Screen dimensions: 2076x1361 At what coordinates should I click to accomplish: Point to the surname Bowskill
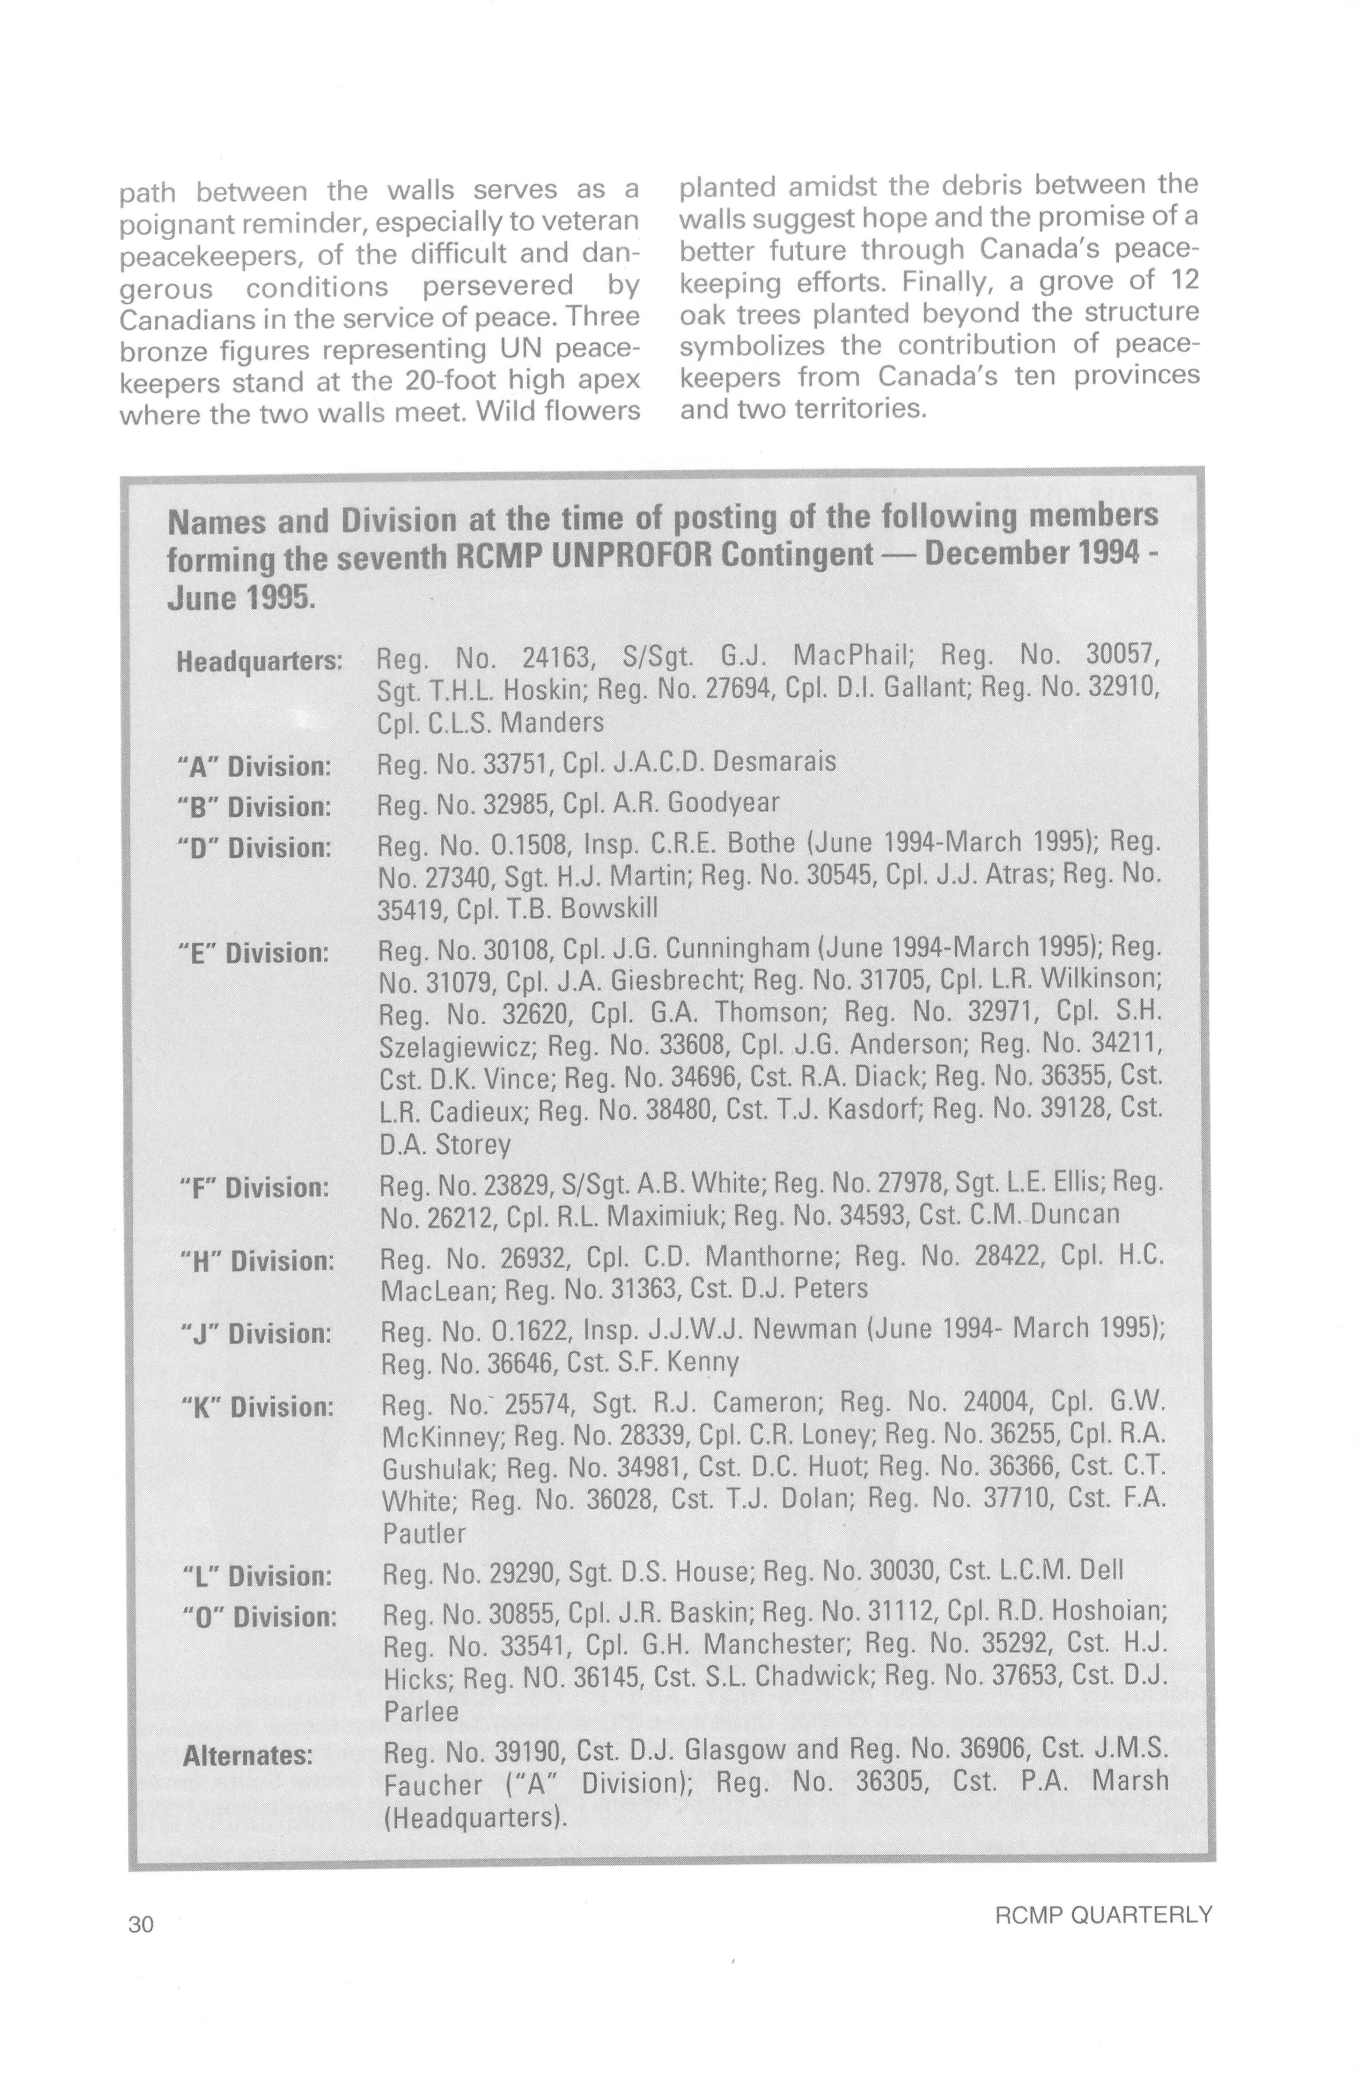coord(609,909)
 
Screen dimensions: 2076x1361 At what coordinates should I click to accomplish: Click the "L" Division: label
coord(257,1576)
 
